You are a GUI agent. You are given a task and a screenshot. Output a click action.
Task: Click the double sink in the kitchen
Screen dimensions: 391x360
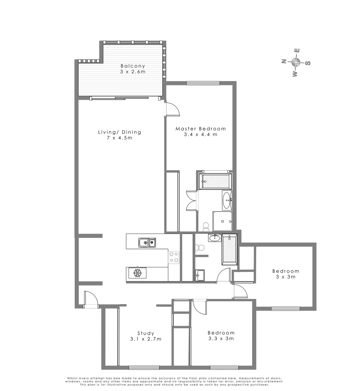click(147, 243)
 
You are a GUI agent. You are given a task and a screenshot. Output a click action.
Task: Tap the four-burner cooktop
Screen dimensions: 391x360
click(174, 257)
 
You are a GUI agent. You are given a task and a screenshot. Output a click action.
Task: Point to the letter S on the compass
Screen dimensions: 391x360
click(308, 63)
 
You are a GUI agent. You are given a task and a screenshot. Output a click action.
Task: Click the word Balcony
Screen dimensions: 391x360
click(133, 66)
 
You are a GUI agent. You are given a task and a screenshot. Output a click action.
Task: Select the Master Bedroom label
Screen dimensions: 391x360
click(200, 129)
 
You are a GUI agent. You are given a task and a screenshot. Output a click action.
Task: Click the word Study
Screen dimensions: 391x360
click(146, 333)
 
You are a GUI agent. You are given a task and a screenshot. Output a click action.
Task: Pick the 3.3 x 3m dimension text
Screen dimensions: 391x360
click(221, 339)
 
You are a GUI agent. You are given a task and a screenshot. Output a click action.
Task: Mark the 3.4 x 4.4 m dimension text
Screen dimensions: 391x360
click(200, 135)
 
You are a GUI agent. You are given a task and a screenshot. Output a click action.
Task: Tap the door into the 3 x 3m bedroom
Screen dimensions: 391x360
click(240, 290)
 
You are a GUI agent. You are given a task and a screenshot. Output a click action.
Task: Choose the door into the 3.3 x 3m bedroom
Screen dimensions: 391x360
click(199, 307)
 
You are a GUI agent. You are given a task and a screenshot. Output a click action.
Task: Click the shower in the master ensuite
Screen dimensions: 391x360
click(222, 221)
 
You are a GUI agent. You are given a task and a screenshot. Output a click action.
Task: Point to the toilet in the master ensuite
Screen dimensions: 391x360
click(206, 227)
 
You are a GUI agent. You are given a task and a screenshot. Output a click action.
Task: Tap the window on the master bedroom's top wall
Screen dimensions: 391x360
click(203, 83)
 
